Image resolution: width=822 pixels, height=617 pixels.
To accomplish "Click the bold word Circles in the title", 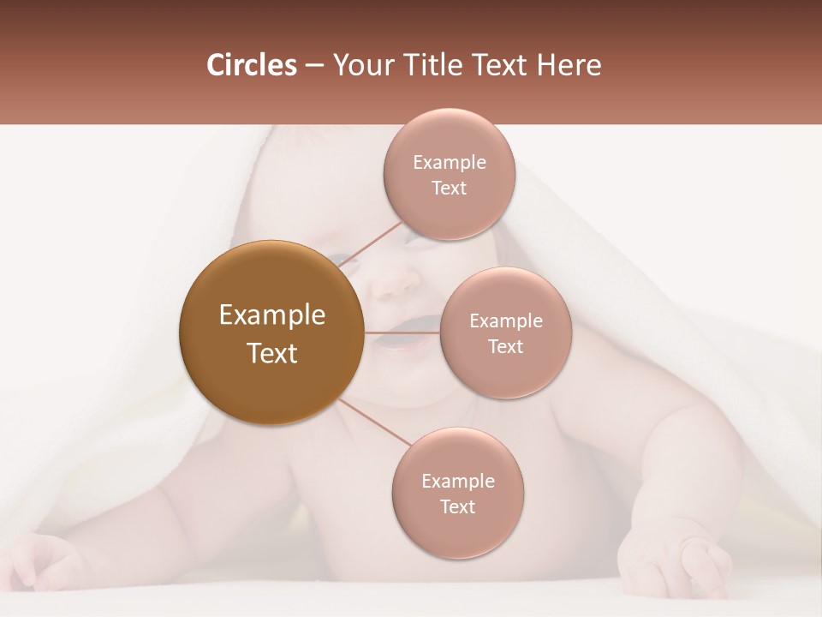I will coord(252,65).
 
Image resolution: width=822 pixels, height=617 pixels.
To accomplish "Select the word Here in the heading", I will coord(569,65).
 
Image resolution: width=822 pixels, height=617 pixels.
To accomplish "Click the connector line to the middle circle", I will coord(402,332).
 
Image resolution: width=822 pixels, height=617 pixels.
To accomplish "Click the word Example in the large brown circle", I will coord(272,315).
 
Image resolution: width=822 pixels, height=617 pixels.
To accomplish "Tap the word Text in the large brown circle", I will coord(272,353).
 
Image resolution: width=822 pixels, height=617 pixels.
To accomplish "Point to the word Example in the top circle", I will coord(450,163).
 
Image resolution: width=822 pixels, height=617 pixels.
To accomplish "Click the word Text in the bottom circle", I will coord(457,507).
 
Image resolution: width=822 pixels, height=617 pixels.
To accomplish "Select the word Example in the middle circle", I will coord(506,321).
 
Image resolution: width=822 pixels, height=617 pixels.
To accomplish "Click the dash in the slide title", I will coord(314,66).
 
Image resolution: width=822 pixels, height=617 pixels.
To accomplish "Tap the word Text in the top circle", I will coord(449,189).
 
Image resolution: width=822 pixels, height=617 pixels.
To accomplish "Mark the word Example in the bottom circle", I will coord(458,482).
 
